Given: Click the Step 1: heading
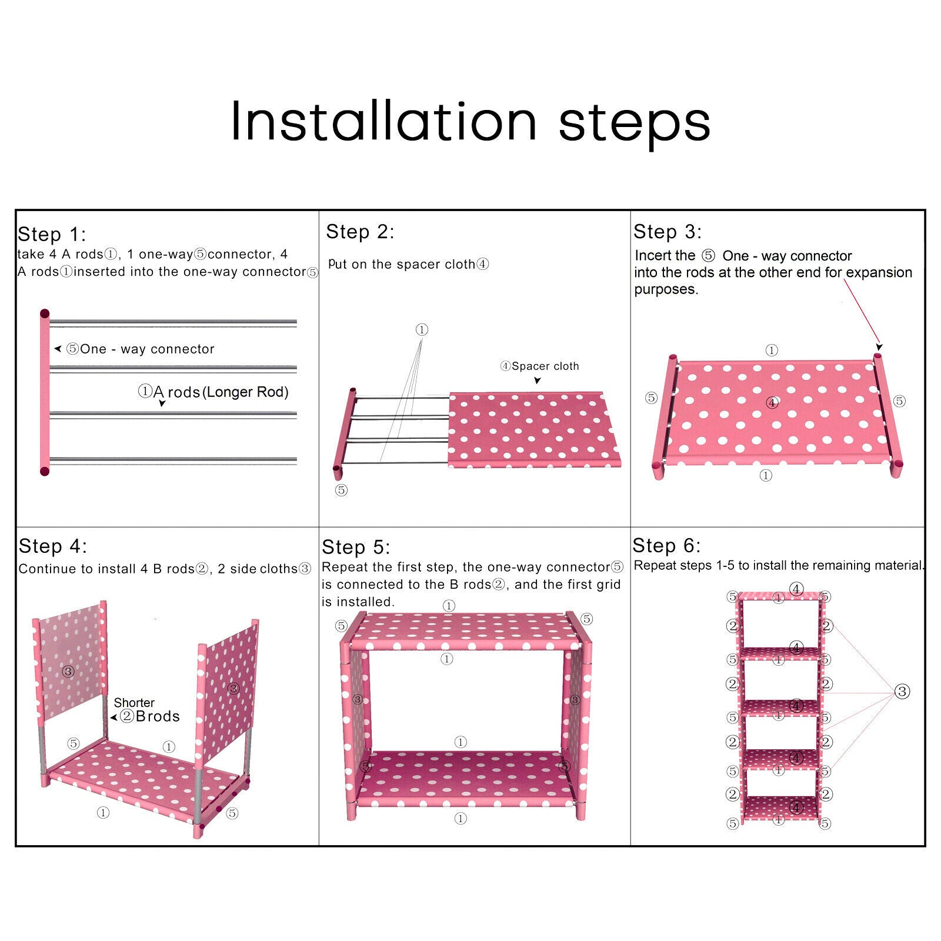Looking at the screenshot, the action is click(52, 234).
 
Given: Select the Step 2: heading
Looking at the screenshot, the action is click(360, 232).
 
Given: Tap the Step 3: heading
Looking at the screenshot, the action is click(668, 232).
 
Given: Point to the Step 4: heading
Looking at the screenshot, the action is click(53, 546).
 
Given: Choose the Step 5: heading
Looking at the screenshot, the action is click(356, 547).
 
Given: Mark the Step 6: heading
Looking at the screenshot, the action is click(666, 545).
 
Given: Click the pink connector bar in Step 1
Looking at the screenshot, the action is click(45, 392).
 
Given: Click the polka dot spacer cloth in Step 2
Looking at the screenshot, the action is click(534, 430).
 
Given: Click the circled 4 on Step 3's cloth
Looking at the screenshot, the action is click(772, 402).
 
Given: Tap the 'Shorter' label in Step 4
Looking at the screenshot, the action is click(134, 702).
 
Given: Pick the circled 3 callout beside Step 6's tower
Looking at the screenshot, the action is click(902, 692).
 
